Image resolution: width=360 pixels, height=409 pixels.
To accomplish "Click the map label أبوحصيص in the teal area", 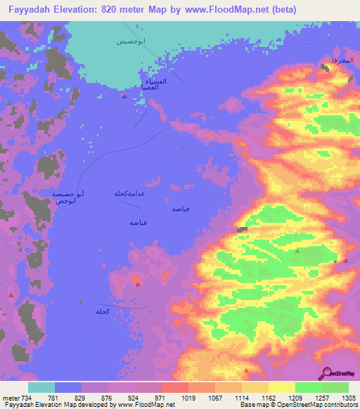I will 131,41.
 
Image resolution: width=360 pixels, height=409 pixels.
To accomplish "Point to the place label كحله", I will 103,311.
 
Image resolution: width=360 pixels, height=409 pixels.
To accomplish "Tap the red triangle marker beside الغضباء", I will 124,96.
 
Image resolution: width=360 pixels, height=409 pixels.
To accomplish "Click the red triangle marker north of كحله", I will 138,284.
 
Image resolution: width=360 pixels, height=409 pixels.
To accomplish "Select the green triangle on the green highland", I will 297,250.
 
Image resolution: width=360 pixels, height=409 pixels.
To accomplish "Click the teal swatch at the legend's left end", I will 41,387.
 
